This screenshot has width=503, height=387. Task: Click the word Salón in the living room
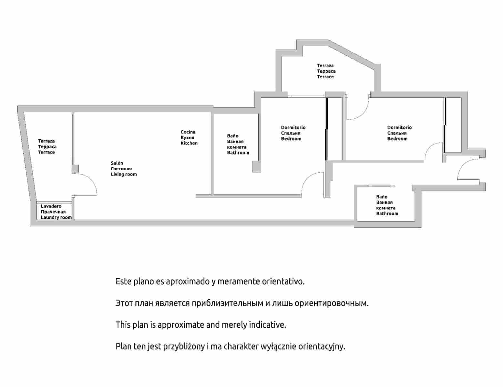pyautogui.click(x=117, y=163)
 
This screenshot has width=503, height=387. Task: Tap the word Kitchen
pyautogui.click(x=189, y=143)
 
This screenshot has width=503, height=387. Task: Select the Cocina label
pyautogui.click(x=188, y=132)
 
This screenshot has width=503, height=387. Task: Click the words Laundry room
pyautogui.click(x=56, y=217)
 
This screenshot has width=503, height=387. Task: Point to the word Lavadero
pyautogui.click(x=51, y=206)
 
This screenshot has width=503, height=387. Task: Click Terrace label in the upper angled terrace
pyautogui.click(x=325, y=77)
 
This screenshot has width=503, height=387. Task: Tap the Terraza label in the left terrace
pyautogui.click(x=46, y=141)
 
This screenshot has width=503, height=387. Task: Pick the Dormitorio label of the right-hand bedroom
pyautogui.click(x=399, y=127)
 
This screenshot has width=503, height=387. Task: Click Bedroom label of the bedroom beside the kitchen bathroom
pyautogui.click(x=291, y=139)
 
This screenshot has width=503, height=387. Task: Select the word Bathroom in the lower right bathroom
pyautogui.click(x=387, y=213)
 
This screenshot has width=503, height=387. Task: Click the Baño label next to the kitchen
pyautogui.click(x=233, y=136)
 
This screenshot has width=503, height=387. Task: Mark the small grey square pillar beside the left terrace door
pyautogui.click(x=75, y=168)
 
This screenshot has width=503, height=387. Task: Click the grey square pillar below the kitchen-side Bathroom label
pyautogui.click(x=256, y=166)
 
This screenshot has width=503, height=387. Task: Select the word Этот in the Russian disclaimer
pyautogui.click(x=124, y=303)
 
